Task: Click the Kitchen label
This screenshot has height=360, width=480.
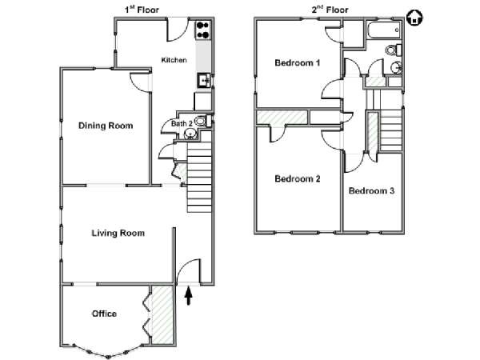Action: [x=174, y=60]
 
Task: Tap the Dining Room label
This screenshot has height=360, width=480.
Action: [x=106, y=126]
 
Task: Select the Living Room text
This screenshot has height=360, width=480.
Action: [x=118, y=234]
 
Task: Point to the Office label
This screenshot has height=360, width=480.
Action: [x=104, y=314]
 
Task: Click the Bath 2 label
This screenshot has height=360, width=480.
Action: [x=182, y=124]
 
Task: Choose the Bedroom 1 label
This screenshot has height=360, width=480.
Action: [x=298, y=63]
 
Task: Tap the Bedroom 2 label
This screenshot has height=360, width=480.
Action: [x=298, y=178]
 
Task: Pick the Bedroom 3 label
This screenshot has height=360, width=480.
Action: [x=371, y=190]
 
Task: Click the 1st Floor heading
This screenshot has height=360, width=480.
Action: [x=142, y=10]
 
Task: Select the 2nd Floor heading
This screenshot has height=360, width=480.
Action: [x=330, y=10]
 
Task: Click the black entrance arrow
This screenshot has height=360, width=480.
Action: [x=189, y=296]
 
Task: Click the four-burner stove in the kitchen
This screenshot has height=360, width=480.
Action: [x=203, y=30]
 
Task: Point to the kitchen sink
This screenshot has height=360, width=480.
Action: [x=203, y=81]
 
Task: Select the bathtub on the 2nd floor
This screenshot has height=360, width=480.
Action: [x=384, y=30]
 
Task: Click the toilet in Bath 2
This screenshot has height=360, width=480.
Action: [x=203, y=122]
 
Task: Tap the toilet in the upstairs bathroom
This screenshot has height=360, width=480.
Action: [x=394, y=50]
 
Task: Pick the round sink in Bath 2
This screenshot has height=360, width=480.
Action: [x=191, y=134]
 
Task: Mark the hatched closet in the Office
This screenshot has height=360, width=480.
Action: [x=162, y=314]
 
